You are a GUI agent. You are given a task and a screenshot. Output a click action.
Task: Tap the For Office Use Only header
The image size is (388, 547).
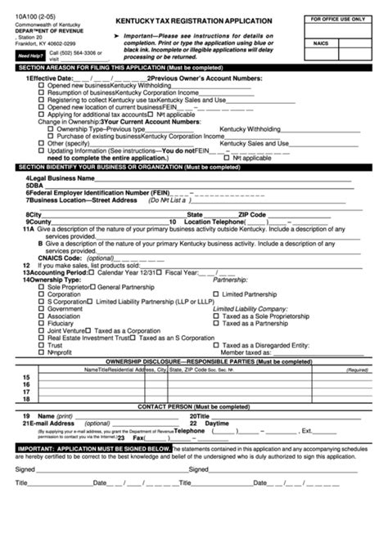[343, 17]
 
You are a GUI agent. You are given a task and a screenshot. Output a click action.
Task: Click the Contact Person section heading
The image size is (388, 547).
[193, 405]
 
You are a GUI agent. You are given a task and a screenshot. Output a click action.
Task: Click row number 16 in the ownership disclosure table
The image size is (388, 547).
[26, 383]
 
